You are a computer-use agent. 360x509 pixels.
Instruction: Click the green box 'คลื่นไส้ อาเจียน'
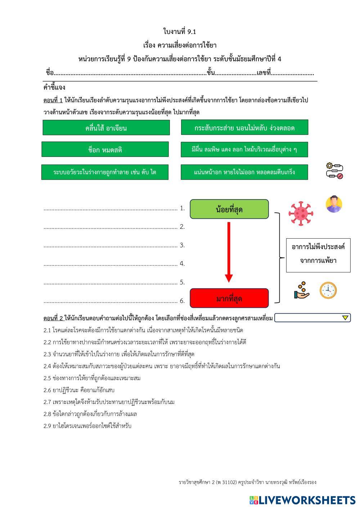[x=106, y=128]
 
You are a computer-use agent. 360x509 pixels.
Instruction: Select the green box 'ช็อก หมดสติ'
[x=105, y=149]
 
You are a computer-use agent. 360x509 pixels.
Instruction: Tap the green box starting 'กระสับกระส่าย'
[x=244, y=128]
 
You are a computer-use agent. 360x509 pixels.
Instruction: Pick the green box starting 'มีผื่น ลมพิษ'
[x=244, y=149]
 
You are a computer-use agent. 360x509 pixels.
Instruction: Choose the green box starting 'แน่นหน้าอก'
[x=244, y=172]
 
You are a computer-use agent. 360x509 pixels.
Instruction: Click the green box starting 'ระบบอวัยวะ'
[x=104, y=172]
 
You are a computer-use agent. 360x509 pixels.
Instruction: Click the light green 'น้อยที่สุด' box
[x=229, y=209]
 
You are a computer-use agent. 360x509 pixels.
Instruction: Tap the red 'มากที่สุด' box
[x=229, y=298]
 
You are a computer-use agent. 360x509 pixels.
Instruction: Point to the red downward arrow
[x=229, y=252]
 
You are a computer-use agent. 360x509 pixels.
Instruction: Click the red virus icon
[x=301, y=213]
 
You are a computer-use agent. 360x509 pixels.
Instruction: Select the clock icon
[x=328, y=290]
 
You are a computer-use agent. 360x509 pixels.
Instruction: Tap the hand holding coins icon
[x=302, y=290]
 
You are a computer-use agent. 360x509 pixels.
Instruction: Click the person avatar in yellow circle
[x=334, y=204]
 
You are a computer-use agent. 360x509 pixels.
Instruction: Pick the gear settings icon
[x=334, y=171]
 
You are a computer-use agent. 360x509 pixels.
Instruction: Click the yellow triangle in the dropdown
[x=345, y=318]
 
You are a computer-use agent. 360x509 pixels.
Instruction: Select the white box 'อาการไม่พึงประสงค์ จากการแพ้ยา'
[x=318, y=254]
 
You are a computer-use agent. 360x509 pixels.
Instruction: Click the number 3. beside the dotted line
[x=182, y=245]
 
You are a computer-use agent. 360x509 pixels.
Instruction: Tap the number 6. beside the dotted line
[x=182, y=301]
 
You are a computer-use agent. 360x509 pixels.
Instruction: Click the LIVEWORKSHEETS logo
[x=302, y=500]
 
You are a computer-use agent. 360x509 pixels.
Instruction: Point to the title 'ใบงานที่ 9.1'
[x=180, y=32]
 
